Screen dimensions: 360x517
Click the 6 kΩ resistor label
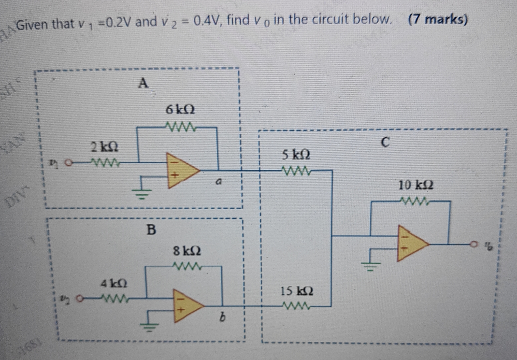pos(180,110)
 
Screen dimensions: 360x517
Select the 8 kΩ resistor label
pos(187,251)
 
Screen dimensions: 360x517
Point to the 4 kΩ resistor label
pos(114,284)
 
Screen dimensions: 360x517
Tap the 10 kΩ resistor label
pos(416,185)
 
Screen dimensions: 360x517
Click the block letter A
pos(143,83)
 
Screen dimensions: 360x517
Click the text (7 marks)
pos(437,20)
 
